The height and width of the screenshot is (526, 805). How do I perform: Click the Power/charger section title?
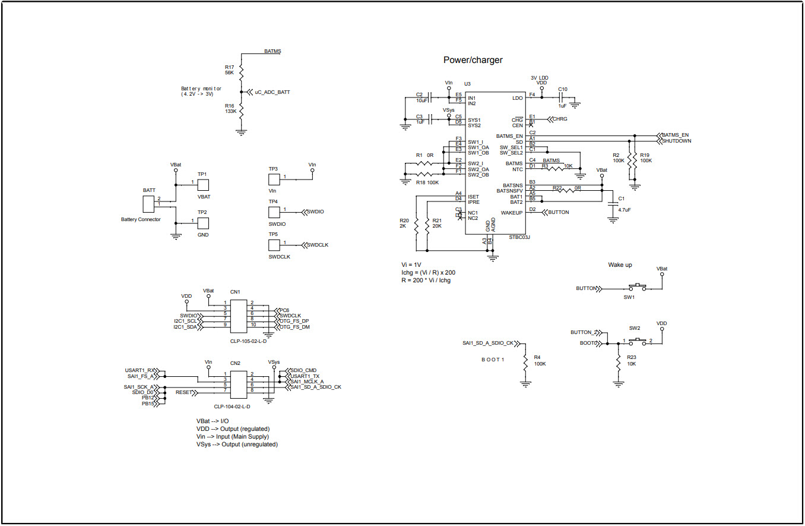pyautogui.click(x=473, y=60)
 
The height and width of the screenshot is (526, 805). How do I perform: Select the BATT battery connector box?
pyautogui.click(x=149, y=204)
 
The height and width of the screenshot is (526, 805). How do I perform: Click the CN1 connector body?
pyautogui.click(x=239, y=316)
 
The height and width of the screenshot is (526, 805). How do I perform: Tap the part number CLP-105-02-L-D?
pyautogui.click(x=248, y=341)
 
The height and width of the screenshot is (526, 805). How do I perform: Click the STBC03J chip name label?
pyautogui.click(x=519, y=237)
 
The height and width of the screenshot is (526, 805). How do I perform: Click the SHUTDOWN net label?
pyautogui.click(x=676, y=141)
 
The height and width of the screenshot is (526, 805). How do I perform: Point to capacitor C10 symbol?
pyautogui.click(x=560, y=98)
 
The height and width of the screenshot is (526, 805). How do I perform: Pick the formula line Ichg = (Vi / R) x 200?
pyautogui.click(x=429, y=272)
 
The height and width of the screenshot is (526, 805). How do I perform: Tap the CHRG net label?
pyautogui.click(x=559, y=119)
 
